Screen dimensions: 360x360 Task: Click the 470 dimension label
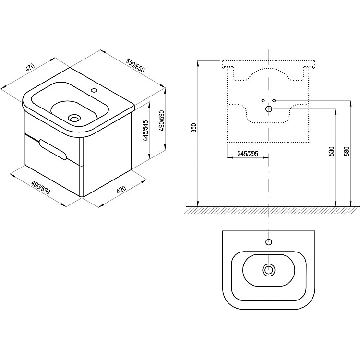click(30, 68)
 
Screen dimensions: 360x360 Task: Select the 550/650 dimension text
click(135, 65)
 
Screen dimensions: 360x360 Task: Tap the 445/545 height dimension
click(145, 131)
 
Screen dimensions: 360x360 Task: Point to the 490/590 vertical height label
click(162, 121)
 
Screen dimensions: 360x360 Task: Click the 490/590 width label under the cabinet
click(41, 188)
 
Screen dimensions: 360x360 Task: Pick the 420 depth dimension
click(121, 190)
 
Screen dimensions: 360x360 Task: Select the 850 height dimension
click(194, 128)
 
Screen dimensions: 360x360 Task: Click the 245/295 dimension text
click(248, 154)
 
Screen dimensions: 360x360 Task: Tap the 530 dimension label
click(332, 151)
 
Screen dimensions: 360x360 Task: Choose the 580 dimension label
click(347, 151)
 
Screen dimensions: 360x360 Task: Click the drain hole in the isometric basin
click(74, 119)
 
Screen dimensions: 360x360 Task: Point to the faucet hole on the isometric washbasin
click(94, 90)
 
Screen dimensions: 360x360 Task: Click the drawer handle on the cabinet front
click(53, 149)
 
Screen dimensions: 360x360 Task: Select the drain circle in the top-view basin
click(269, 270)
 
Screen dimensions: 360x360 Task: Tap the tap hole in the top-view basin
click(269, 242)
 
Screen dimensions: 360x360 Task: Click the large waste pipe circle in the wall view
click(269, 109)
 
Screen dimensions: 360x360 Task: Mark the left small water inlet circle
click(263, 101)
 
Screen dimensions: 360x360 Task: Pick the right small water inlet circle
click(274, 101)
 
